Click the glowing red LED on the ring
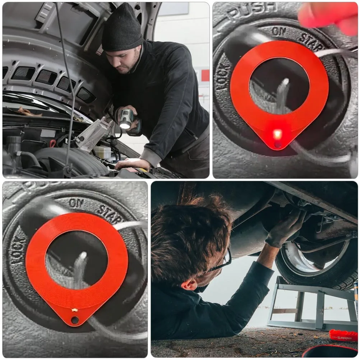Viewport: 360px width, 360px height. click(277, 135)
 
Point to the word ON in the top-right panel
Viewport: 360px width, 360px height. click(279, 31)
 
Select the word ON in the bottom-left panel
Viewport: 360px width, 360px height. click(76, 203)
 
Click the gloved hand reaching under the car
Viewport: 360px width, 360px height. click(286, 228)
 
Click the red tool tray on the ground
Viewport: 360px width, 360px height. click(343, 335)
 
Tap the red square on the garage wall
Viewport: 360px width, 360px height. click(205, 75)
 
